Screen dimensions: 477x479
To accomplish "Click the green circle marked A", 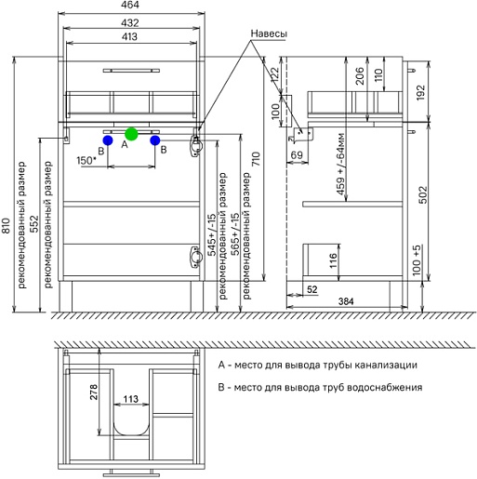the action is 131,134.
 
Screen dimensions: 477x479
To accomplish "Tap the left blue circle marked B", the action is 108,140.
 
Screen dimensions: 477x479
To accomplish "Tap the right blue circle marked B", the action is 155,140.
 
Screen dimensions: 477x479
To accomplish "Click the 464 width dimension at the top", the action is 130,6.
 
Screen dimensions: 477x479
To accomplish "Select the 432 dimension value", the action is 130,23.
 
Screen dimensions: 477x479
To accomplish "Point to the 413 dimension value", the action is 129,36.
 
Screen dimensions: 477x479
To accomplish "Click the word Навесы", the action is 269,33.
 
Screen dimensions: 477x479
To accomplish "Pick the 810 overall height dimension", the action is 7,226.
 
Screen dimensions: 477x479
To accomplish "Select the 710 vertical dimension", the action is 257,159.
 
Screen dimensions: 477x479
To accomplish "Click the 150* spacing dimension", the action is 86,161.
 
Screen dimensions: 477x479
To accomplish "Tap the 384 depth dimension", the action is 346,301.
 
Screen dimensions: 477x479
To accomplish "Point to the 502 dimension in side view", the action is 423,194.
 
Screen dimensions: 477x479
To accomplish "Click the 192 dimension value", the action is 420,92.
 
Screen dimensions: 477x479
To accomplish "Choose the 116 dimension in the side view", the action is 333,260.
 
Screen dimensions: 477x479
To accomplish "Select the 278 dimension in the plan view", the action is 94,392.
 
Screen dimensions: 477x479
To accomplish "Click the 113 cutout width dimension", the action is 130,399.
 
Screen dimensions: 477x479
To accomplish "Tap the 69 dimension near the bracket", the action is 297,154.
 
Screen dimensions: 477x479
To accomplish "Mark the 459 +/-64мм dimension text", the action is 340,164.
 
